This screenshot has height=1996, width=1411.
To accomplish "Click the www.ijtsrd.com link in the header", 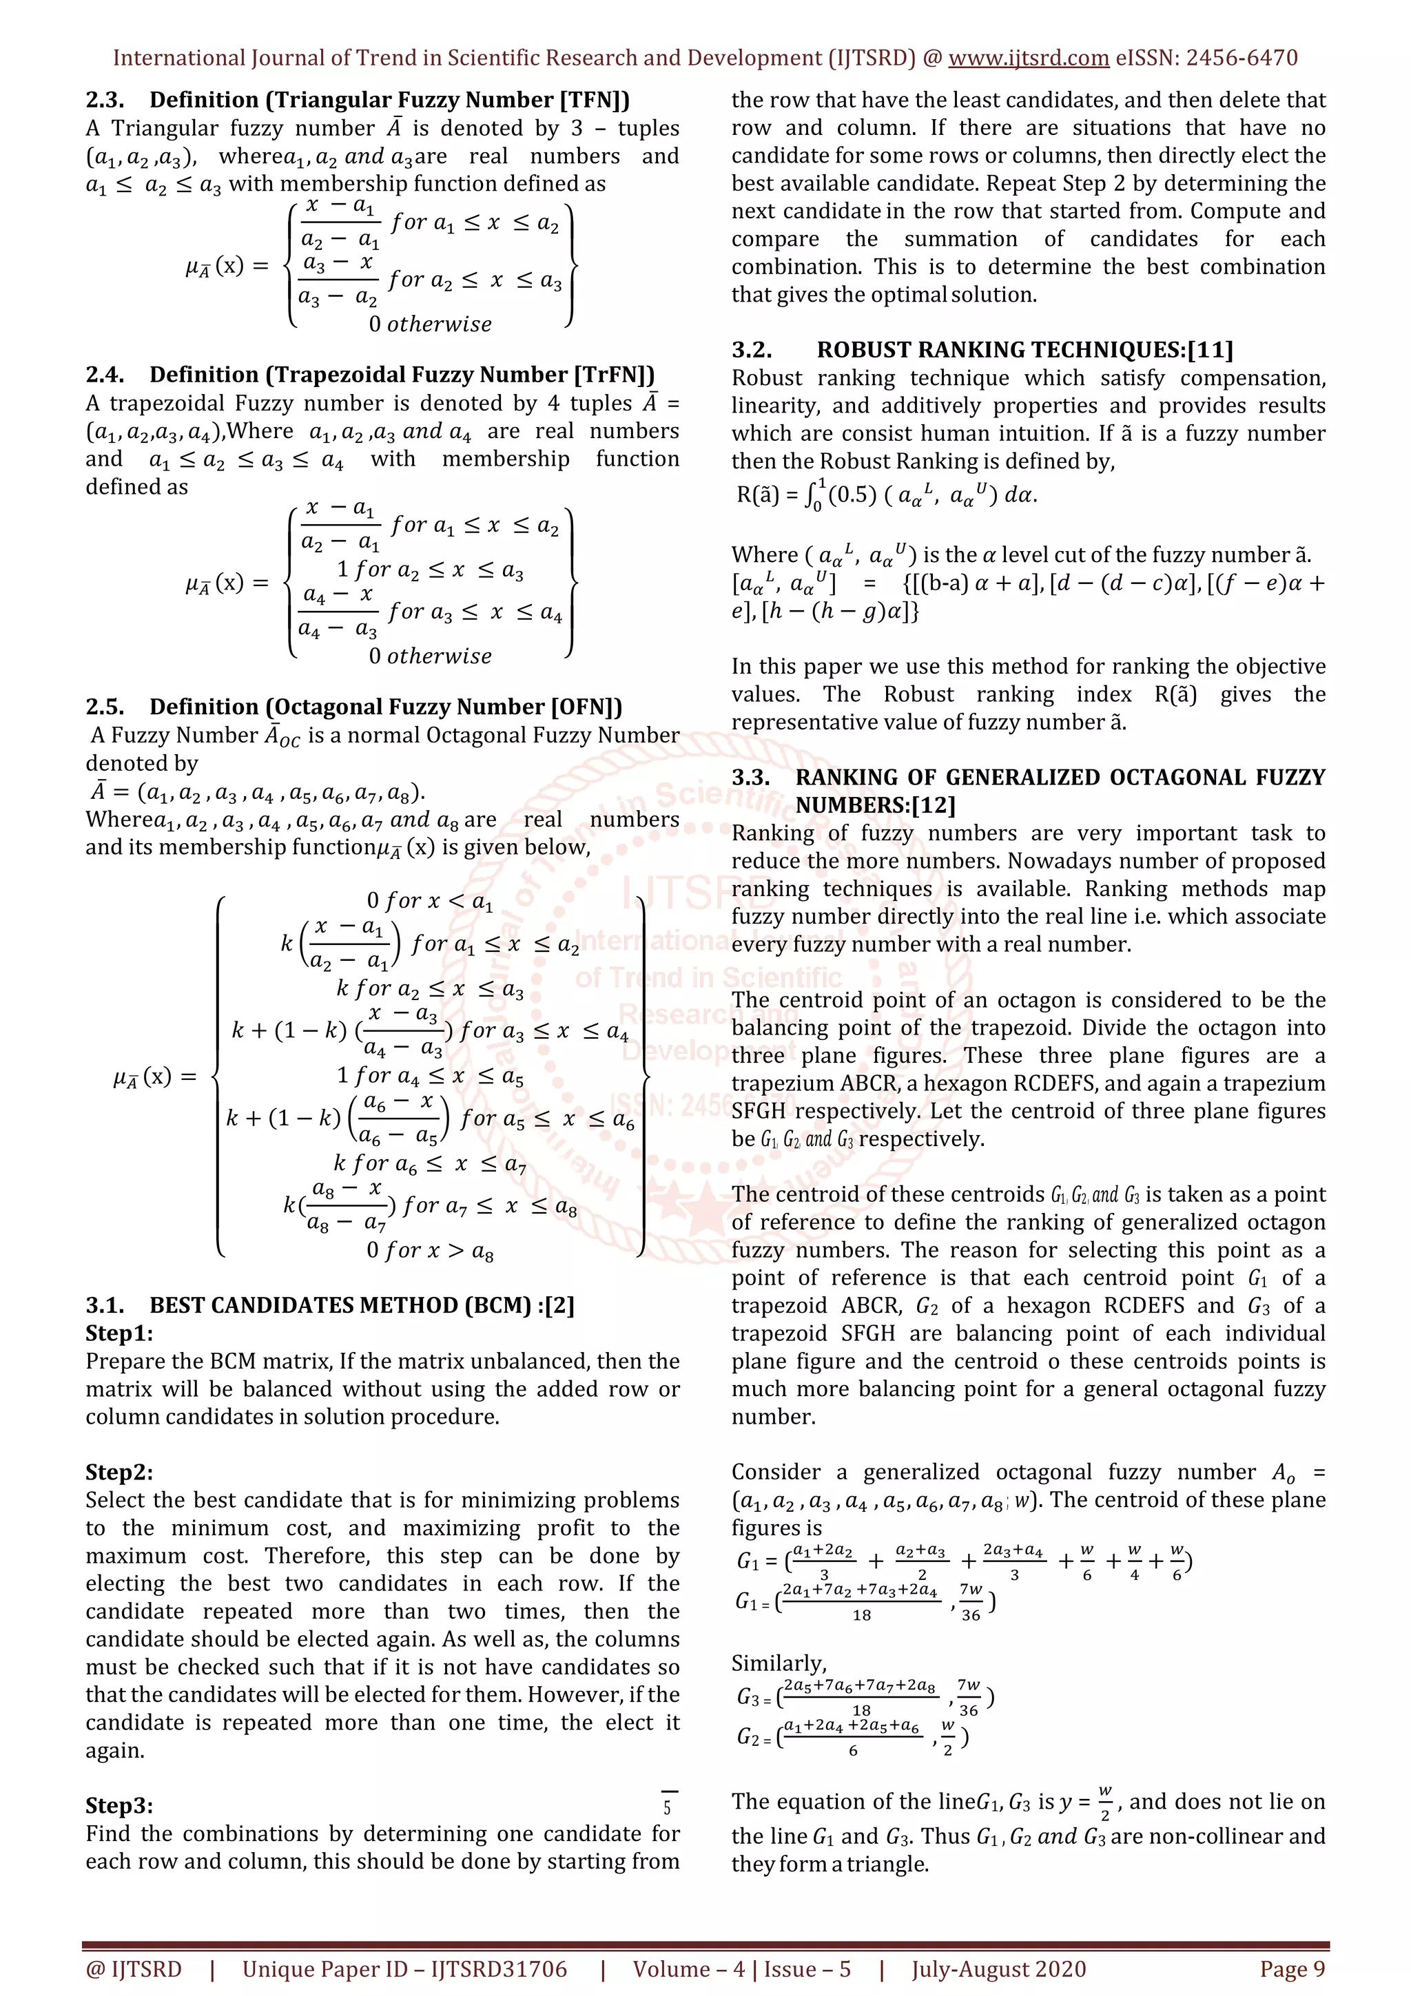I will [1028, 59].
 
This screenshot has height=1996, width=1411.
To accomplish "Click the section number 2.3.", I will [104, 100].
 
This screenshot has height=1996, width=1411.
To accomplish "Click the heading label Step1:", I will [119, 1333].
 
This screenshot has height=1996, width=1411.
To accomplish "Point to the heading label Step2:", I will [119, 1472].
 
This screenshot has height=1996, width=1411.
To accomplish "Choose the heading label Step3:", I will [119, 1806].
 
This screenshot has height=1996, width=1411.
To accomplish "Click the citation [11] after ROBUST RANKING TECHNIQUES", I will [1211, 351].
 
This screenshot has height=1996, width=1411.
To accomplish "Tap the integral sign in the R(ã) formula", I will [814, 497].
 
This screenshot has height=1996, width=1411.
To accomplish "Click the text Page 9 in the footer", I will [1292, 1969].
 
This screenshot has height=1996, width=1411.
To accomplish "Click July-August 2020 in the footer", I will [998, 1969].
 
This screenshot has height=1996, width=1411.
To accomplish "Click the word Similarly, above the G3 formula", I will [779, 1663].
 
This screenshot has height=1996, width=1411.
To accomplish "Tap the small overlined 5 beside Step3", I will [668, 1807].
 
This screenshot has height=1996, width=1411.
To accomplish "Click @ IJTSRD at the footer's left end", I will [134, 1969].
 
